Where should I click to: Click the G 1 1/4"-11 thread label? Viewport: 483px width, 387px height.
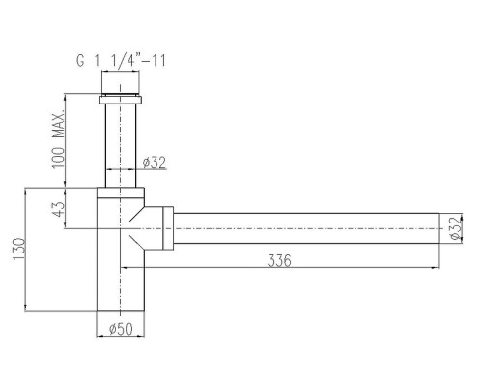pyautogui.click(x=121, y=61)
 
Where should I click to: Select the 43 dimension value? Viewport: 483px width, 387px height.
pyautogui.click(x=58, y=209)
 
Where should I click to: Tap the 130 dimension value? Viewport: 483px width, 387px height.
pyautogui.click(x=18, y=249)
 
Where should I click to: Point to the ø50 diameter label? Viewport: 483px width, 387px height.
pyautogui.click(x=121, y=329)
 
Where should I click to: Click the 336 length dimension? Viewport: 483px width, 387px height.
pyautogui.click(x=279, y=260)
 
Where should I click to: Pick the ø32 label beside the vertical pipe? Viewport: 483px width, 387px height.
pyautogui.click(x=155, y=163)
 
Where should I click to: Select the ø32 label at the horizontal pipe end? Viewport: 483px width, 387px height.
pyautogui.click(x=456, y=228)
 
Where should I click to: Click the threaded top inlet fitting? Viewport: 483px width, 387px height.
pyautogui.click(x=121, y=82)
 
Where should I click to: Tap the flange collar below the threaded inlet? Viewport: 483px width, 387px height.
pyautogui.click(x=121, y=100)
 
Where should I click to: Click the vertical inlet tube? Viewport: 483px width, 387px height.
pyautogui.click(x=121, y=146)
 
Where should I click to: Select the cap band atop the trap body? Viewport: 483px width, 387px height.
pyautogui.click(x=121, y=193)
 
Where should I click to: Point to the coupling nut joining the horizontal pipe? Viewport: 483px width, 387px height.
pyautogui.click(x=168, y=228)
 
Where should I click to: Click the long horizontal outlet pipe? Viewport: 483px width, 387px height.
pyautogui.click(x=306, y=228)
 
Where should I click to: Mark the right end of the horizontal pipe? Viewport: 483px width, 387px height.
pyautogui.click(x=439, y=228)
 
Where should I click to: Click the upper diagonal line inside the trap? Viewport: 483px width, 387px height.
pyautogui.click(x=136, y=214)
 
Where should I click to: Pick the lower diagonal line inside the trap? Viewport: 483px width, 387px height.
pyautogui.click(x=136, y=242)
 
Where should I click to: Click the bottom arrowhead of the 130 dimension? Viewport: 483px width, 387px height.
pyautogui.click(x=25, y=307)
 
